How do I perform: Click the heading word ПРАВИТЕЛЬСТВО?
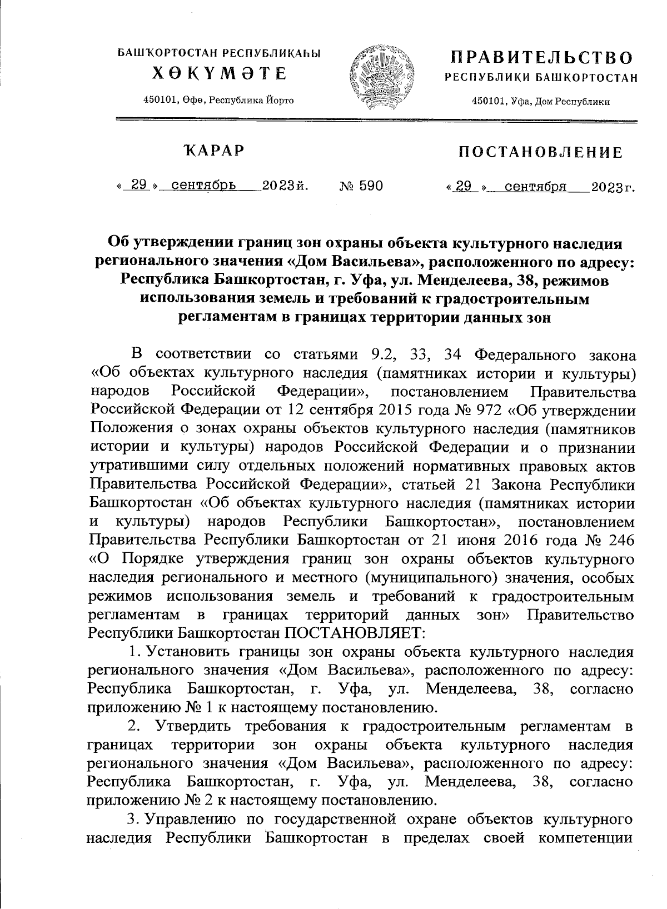click(x=541, y=57)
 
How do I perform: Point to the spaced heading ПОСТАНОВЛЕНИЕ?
click(x=540, y=152)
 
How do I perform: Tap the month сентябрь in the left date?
click(x=204, y=185)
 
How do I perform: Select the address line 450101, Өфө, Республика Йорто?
click(x=218, y=100)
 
